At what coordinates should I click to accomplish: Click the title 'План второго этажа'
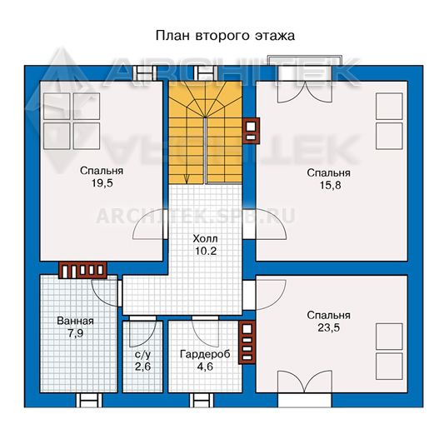click(225, 37)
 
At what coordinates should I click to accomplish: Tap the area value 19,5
click(102, 183)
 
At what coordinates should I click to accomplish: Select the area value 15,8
click(330, 185)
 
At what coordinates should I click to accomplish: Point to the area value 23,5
click(328, 327)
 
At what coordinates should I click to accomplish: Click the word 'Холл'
click(205, 239)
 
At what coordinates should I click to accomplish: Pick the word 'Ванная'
click(75, 321)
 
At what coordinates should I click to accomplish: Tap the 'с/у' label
click(143, 355)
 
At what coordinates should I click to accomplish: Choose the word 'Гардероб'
click(205, 354)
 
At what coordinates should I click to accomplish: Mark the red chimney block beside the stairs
click(252, 131)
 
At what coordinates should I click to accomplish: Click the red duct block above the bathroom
click(82, 270)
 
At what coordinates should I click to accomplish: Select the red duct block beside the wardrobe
click(247, 342)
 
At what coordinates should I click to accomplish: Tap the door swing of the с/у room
click(142, 334)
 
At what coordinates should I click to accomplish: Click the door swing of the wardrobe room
click(205, 334)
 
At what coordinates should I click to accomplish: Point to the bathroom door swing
click(105, 293)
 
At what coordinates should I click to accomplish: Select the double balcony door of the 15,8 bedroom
click(305, 92)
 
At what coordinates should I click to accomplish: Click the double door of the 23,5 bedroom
click(305, 382)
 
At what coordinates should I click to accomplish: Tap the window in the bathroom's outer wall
click(89, 401)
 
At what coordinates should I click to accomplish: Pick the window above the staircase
click(206, 73)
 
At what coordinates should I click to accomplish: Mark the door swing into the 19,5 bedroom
click(149, 226)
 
